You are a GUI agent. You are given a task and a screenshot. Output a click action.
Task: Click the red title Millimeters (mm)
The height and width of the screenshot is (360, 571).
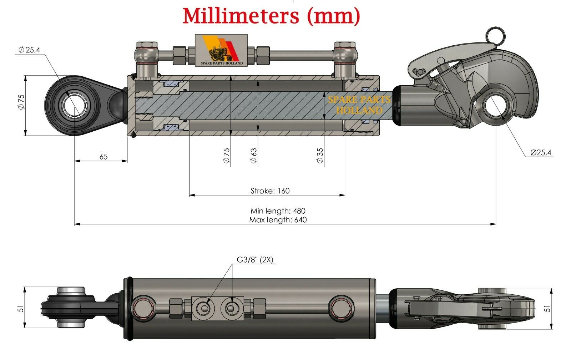(271, 16)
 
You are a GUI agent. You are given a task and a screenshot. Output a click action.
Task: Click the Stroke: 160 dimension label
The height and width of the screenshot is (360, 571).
(270, 191)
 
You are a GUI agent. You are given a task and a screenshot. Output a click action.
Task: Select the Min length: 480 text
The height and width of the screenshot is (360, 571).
(278, 211)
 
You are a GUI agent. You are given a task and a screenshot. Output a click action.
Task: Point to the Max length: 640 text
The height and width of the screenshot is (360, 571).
(278, 220)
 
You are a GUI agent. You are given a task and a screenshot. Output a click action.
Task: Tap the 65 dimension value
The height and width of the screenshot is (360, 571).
(103, 157)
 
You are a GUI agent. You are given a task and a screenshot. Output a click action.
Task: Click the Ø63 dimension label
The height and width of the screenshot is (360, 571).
(254, 156)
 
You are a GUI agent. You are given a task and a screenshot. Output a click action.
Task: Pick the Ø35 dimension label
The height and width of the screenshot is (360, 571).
(320, 156)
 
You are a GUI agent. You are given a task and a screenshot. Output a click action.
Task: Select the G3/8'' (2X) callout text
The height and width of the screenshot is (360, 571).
(255, 260)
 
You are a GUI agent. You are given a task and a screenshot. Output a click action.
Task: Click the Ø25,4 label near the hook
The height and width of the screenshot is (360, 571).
(541, 153)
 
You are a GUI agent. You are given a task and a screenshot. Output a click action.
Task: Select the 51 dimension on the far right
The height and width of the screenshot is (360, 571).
(547, 308)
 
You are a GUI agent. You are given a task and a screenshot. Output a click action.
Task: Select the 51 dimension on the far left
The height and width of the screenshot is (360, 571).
(21, 308)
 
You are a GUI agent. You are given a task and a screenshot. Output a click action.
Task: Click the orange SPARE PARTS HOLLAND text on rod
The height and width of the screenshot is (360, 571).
(359, 105)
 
